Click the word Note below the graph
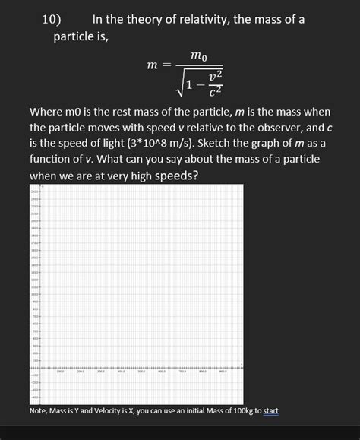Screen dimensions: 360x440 coord(39,411)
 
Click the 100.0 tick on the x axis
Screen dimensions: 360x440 coord(59,372)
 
